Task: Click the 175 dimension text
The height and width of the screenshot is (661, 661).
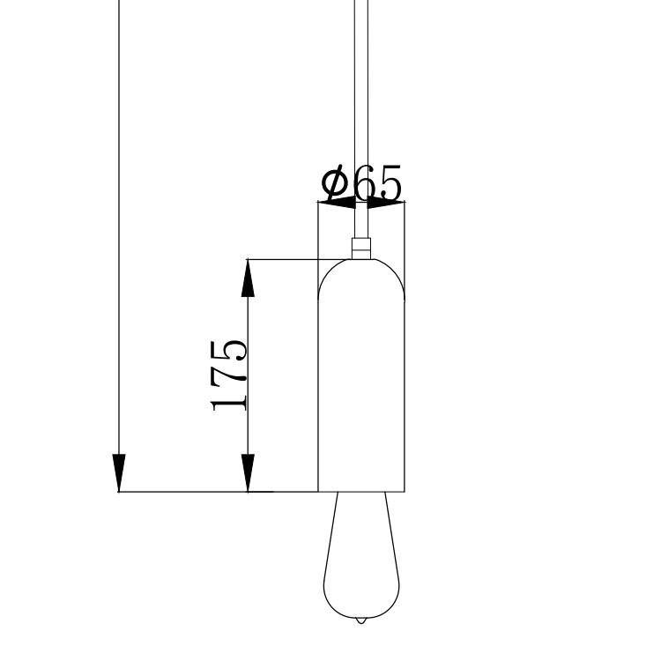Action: [228, 375]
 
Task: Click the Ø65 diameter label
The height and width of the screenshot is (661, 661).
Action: [361, 184]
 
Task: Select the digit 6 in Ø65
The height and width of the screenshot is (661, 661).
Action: [364, 183]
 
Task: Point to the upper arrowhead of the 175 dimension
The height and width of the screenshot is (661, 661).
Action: [248, 279]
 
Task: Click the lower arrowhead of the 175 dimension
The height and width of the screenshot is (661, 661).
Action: [248, 473]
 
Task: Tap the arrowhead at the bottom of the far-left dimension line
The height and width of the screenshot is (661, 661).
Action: [119, 473]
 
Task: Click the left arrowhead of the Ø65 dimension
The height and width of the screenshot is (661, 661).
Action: [337, 203]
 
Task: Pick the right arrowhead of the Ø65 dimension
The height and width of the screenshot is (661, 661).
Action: [386, 203]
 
